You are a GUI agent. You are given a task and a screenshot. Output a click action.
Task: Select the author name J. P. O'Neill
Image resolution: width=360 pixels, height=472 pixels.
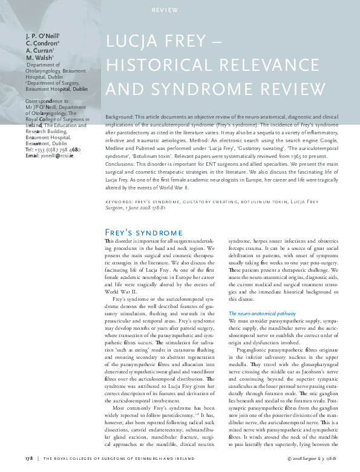coord(42,36)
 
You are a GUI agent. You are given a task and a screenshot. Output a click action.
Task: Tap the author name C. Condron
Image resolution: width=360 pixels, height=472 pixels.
coord(42,44)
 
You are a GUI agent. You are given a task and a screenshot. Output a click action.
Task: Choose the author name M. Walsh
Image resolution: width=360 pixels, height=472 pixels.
coord(40,58)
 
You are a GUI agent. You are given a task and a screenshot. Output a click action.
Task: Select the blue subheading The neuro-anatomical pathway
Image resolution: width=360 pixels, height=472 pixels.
coord(262,313)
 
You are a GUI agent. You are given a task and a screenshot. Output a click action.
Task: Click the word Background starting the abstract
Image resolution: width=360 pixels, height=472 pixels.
coord(122,115)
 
